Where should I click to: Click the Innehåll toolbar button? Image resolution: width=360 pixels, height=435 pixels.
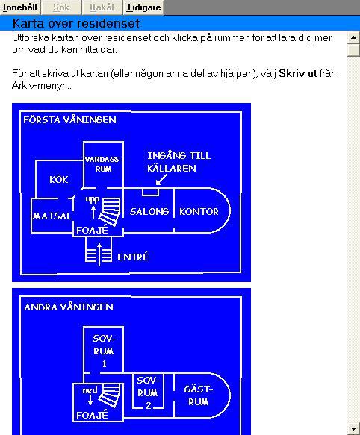pyautogui.click(x=20, y=7)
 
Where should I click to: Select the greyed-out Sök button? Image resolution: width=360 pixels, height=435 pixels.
pyautogui.click(x=61, y=7)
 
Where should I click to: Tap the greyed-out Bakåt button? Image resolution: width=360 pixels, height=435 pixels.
pyautogui.click(x=102, y=7)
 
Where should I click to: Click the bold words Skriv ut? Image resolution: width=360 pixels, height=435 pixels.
pyautogui.click(x=297, y=74)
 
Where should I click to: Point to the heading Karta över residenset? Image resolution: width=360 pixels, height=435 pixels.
pyautogui.click(x=76, y=23)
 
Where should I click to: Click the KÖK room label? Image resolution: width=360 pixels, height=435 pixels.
pyautogui.click(x=58, y=180)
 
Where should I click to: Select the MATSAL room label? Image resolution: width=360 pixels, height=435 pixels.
pyautogui.click(x=52, y=216)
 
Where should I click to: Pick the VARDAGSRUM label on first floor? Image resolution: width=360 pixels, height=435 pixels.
pyautogui.click(x=103, y=164)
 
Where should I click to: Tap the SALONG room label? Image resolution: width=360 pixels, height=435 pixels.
pyautogui.click(x=149, y=212)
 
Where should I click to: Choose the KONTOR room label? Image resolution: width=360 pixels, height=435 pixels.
pyautogui.click(x=199, y=212)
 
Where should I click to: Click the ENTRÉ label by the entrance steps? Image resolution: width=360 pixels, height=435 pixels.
pyautogui.click(x=133, y=257)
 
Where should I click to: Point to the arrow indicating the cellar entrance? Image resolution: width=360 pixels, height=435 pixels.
pyautogui.click(x=161, y=180)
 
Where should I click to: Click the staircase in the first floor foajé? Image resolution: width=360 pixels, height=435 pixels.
pyautogui.click(x=111, y=211)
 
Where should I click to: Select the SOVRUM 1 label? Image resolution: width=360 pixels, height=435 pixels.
pyautogui.click(x=104, y=351)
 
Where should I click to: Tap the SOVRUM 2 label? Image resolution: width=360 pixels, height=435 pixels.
pyautogui.click(x=148, y=392)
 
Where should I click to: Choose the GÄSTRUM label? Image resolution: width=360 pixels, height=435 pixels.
pyautogui.click(x=199, y=395)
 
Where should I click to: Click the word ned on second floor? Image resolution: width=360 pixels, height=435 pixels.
pyautogui.click(x=90, y=390)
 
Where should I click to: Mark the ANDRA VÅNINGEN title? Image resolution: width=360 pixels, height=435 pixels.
pyautogui.click(x=69, y=307)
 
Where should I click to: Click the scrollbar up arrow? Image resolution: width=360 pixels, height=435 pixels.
pyautogui.click(x=353, y=37)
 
